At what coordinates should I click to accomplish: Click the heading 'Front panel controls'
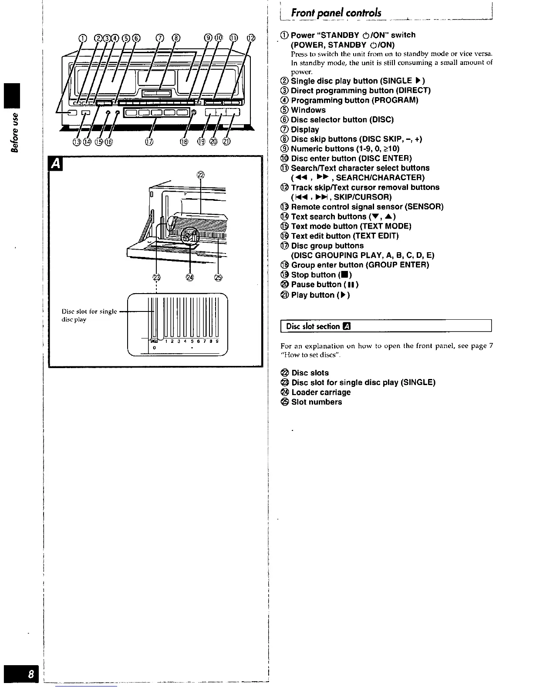[x=336, y=13]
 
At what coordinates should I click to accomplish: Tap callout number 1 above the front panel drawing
[x=82, y=38]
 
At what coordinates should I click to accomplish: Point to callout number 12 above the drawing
[x=250, y=38]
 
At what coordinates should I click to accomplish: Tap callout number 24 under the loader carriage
[x=189, y=277]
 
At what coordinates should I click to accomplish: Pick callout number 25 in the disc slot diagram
[x=218, y=277]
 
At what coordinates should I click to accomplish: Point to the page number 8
[x=30, y=675]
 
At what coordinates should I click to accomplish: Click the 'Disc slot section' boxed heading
[x=318, y=326]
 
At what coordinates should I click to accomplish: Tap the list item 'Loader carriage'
[x=320, y=392]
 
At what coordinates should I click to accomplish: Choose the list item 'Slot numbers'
[x=316, y=402]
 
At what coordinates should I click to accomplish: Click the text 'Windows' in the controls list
[x=308, y=110]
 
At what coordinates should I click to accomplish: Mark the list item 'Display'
[x=304, y=129]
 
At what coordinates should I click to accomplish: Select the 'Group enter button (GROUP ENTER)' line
[x=360, y=265]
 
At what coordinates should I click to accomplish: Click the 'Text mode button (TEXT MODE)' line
[x=351, y=226]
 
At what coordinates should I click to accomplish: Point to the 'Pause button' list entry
[x=324, y=284]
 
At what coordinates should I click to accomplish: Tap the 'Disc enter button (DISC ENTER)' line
[x=351, y=158]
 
